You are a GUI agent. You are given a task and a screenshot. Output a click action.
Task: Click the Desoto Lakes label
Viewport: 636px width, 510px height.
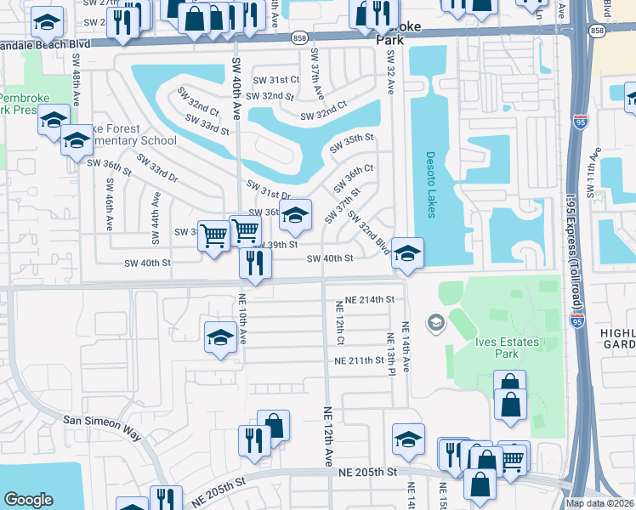click(431, 184)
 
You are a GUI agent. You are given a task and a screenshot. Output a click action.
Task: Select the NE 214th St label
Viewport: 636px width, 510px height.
click(366, 300)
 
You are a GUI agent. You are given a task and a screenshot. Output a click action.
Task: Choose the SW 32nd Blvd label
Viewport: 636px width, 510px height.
click(369, 233)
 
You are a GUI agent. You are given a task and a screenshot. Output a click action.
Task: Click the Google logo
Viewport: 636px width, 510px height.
click(29, 500)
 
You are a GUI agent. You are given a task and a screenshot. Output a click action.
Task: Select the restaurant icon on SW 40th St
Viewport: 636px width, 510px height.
click(254, 263)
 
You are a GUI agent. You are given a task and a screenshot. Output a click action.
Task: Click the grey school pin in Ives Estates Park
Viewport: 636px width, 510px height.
click(436, 321)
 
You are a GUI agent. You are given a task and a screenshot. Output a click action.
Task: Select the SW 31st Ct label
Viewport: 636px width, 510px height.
click(282, 79)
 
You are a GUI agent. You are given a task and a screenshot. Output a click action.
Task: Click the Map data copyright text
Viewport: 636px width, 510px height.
click(599, 503)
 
